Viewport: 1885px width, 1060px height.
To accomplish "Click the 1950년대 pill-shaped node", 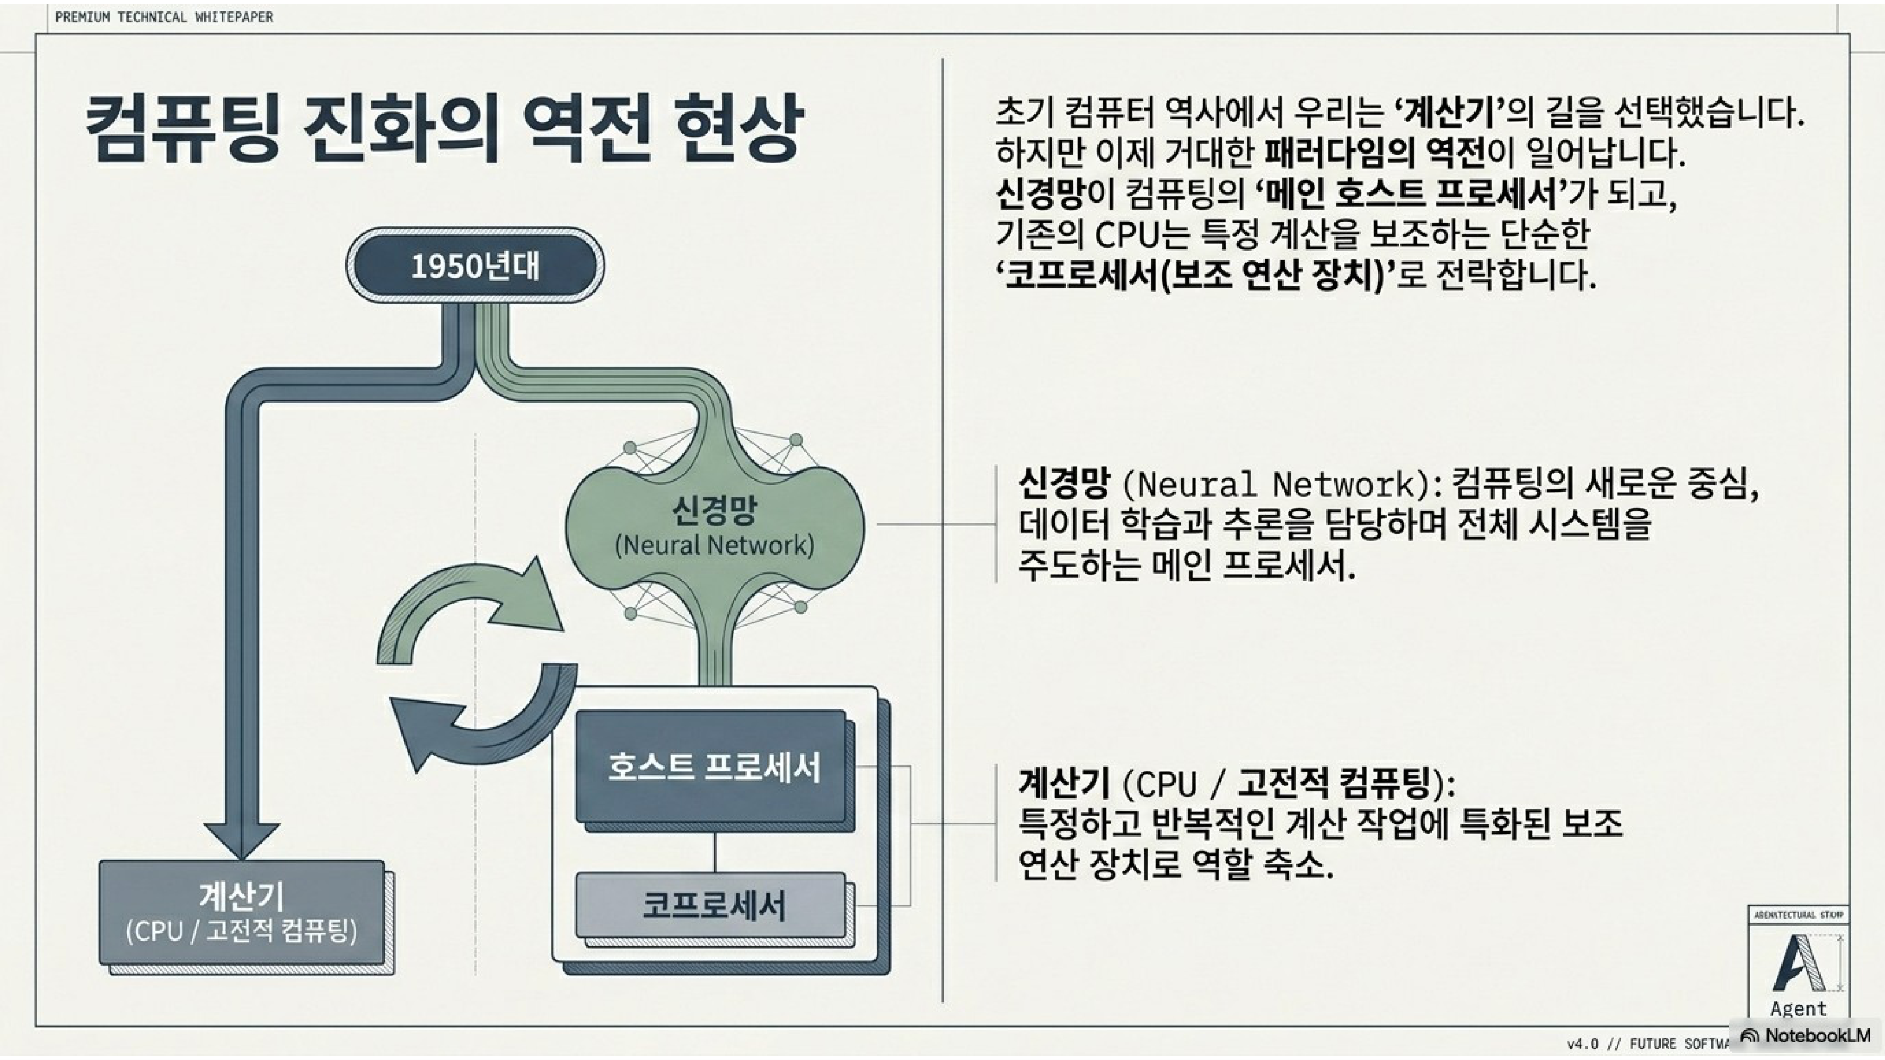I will (x=475, y=266).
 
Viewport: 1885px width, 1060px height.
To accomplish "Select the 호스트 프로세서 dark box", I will (x=714, y=767).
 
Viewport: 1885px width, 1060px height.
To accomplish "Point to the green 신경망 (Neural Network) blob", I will (x=714, y=527).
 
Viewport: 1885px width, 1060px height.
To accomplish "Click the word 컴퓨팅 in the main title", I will (x=182, y=130).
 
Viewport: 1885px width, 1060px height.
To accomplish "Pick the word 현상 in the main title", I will (x=738, y=130).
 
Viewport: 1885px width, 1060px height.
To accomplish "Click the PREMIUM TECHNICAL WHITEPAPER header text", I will (x=164, y=17).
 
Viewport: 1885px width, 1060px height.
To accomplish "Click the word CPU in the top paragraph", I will (x=1127, y=235).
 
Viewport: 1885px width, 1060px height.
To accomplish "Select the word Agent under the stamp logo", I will (x=1798, y=1009).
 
